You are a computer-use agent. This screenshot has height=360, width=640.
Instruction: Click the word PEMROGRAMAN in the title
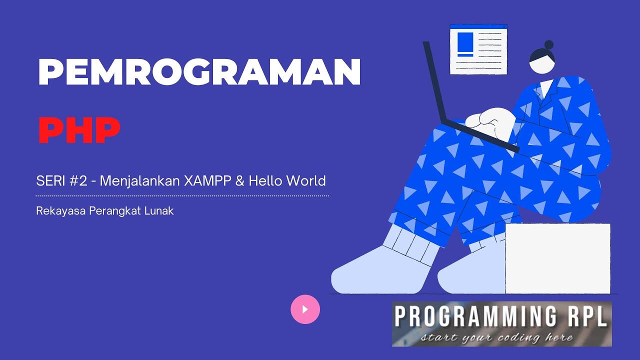[x=199, y=72]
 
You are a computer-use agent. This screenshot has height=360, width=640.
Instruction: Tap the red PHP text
[x=79, y=130]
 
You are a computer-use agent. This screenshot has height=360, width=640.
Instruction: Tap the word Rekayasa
[x=60, y=211]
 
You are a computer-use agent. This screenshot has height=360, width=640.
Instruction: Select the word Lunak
[x=158, y=211]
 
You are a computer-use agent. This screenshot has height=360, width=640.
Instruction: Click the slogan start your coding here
[x=496, y=337]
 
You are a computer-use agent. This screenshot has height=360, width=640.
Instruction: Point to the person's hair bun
[x=548, y=44]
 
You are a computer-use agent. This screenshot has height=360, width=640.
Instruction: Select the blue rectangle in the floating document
[x=465, y=42]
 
